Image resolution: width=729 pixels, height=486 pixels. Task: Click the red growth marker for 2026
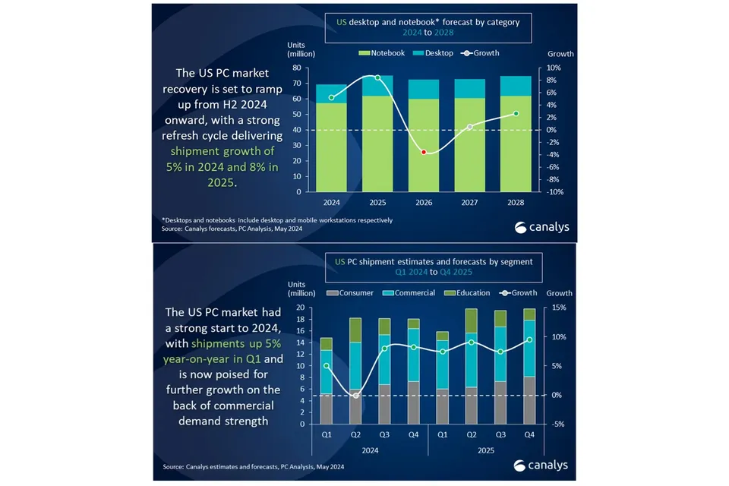click(424, 152)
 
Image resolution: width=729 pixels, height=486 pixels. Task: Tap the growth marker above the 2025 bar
click(377, 77)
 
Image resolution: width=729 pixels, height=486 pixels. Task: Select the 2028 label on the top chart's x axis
click(516, 202)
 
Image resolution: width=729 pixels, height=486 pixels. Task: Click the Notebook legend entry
click(382, 53)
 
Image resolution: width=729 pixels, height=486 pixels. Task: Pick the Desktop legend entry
click(433, 53)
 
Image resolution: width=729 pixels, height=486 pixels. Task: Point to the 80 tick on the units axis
click(297, 68)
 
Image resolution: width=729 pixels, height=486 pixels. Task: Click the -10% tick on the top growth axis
click(554, 191)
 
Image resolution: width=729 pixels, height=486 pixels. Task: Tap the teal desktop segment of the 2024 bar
click(332, 93)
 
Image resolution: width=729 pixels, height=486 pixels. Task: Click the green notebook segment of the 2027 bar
click(469, 144)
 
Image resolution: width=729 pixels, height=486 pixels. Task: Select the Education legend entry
click(467, 292)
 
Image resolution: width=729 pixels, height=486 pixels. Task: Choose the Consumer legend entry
click(350, 292)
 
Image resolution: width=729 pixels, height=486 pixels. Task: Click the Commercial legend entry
click(409, 292)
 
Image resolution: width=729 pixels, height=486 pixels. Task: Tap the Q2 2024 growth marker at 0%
click(356, 396)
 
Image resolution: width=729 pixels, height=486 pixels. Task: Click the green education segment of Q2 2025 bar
click(472, 321)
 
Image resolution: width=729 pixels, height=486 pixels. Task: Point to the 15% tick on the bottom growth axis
click(559, 308)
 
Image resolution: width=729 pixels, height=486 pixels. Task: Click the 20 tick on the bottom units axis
click(301, 308)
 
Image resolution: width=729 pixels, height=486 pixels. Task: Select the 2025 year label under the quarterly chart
click(486, 450)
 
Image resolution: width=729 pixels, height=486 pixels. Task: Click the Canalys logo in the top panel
click(542, 227)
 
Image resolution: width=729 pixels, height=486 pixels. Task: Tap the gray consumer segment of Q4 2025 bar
click(529, 400)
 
